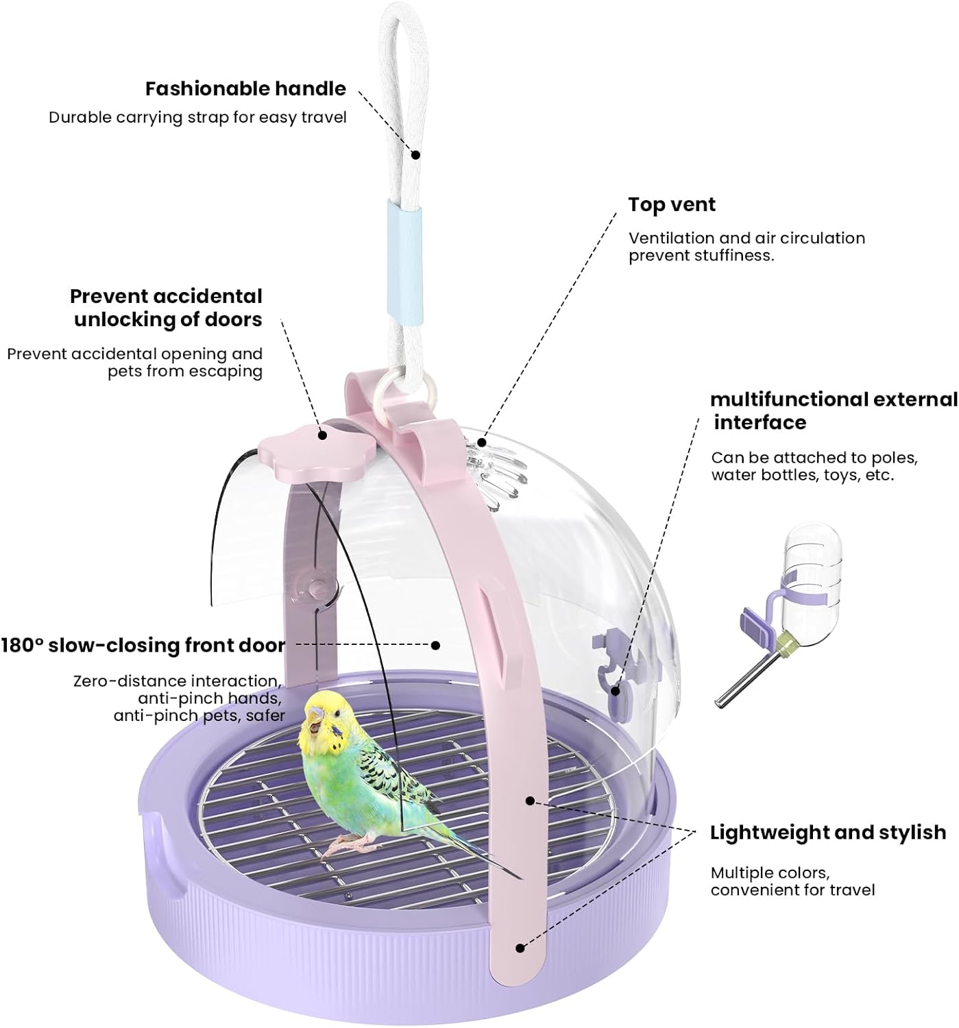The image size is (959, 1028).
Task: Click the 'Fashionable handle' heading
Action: click(245, 88)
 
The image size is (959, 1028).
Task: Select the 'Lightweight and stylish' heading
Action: click(827, 832)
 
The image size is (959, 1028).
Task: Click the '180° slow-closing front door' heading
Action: click(143, 645)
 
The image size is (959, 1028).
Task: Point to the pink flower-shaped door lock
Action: click(293, 450)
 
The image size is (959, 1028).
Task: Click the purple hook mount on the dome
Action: click(614, 668)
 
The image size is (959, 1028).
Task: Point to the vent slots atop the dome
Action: click(497, 472)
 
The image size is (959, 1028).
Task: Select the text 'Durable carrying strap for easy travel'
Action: click(197, 117)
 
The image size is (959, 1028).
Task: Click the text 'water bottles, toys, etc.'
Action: click(802, 475)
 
